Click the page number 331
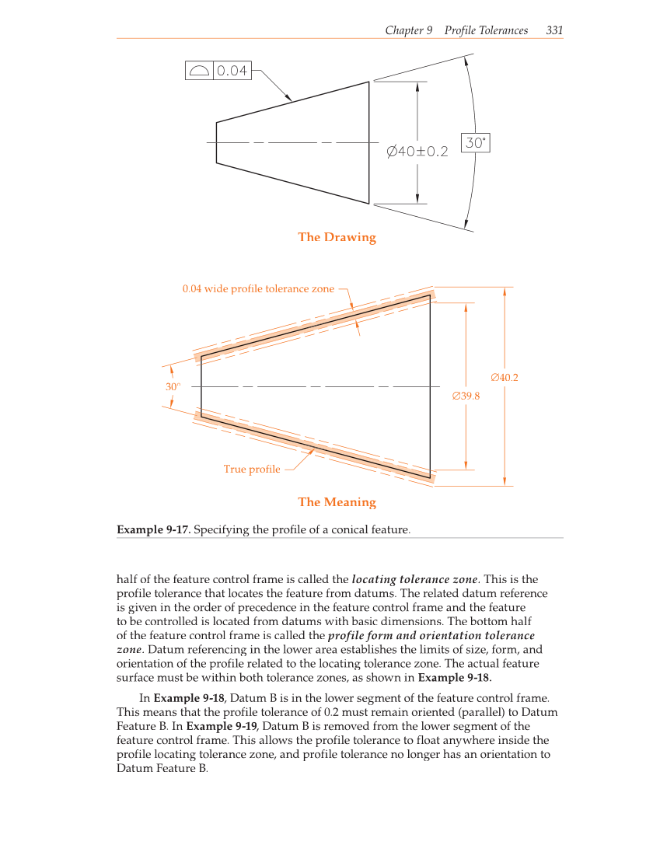554,30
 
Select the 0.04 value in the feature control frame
232,71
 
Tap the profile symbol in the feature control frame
199,71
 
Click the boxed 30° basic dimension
475,143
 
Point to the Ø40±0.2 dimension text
417,151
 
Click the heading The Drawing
337,237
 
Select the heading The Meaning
337,502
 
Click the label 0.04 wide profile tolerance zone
258,289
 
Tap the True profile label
252,469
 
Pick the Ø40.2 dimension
505,378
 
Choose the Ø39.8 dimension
466,396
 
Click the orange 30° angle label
172,386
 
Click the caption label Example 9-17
153,530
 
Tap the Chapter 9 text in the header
408,30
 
